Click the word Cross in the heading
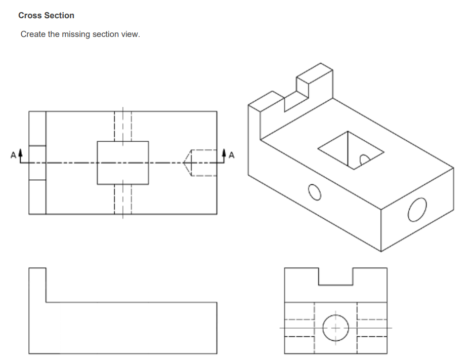(x=29, y=16)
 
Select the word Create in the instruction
(x=33, y=34)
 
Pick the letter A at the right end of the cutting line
(x=232, y=154)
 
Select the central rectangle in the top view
(x=122, y=163)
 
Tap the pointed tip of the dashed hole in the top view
(x=185, y=163)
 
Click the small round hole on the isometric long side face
(x=314, y=192)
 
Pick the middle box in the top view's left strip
(x=37, y=163)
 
